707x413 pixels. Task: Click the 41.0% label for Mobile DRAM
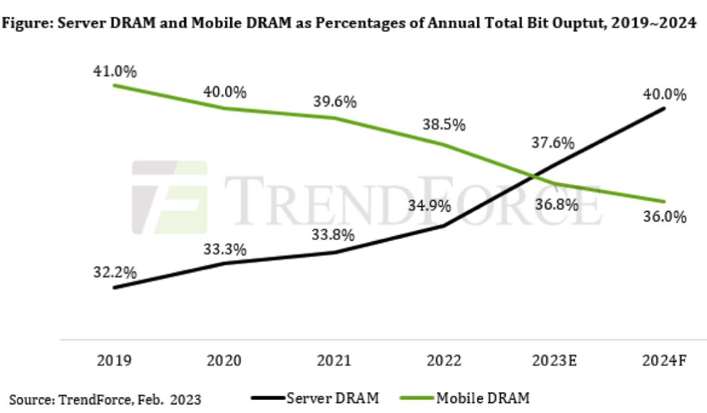pyautogui.click(x=114, y=70)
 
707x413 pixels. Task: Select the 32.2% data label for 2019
pyautogui.click(x=114, y=272)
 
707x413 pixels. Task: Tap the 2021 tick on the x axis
pyautogui.click(x=334, y=359)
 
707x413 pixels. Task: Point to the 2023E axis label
pyautogui.click(x=554, y=359)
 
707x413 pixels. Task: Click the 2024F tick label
pyautogui.click(x=664, y=359)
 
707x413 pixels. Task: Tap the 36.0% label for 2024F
pyautogui.click(x=664, y=217)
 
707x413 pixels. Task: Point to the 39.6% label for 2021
pyautogui.click(x=334, y=102)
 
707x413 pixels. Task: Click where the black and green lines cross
pyautogui.click(x=534, y=176)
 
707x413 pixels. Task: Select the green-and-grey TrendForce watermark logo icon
pyautogui.click(x=170, y=198)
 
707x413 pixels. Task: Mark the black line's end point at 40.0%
pyautogui.click(x=664, y=108)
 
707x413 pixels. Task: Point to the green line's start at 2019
pyautogui.click(x=114, y=85)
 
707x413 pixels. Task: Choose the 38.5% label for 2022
pyautogui.click(x=444, y=126)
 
